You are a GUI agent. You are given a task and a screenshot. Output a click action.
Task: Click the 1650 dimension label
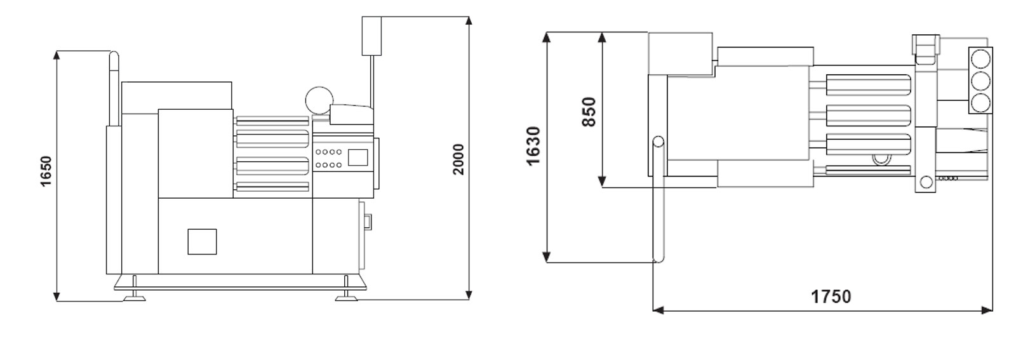click(46, 171)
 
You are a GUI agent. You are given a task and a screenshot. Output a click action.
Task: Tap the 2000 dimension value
click(458, 159)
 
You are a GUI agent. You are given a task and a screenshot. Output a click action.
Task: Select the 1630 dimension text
click(533, 146)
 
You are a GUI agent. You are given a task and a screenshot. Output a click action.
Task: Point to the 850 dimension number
click(588, 112)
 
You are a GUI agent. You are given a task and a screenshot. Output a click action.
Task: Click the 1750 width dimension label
click(831, 297)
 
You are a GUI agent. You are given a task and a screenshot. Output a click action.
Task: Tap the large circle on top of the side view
click(319, 101)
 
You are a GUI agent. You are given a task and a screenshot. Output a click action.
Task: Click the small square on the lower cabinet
click(203, 242)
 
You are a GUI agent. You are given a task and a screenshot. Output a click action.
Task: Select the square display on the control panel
click(358, 157)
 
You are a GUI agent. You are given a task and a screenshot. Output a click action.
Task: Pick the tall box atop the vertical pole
click(371, 36)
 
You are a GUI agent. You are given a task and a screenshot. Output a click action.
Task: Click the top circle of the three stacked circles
click(980, 60)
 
